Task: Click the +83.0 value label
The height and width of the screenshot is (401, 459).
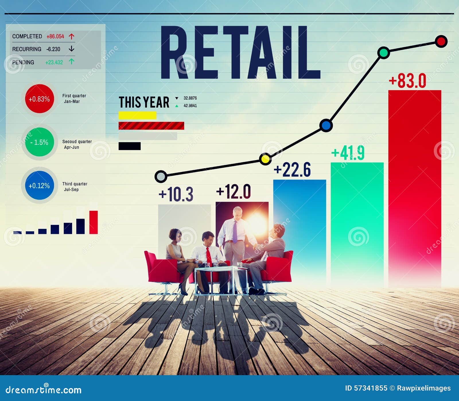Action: click(x=407, y=81)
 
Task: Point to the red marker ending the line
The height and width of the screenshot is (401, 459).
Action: click(x=441, y=41)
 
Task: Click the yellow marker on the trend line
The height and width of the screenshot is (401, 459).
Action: click(x=265, y=159)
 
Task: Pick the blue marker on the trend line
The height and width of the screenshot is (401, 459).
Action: click(x=326, y=126)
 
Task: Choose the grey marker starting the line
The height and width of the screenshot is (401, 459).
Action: click(x=161, y=176)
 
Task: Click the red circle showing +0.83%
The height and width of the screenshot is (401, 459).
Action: click(x=39, y=99)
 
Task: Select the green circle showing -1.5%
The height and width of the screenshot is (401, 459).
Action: click(x=39, y=142)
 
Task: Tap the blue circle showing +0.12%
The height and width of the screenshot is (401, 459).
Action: click(x=39, y=186)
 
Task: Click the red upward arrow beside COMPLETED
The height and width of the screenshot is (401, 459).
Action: click(x=72, y=36)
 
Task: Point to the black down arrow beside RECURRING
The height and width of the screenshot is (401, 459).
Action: click(x=72, y=49)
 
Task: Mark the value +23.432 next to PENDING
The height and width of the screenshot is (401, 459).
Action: click(x=54, y=62)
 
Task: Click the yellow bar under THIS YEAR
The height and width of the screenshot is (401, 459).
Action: click(x=137, y=115)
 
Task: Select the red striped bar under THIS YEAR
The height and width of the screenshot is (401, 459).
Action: click(x=151, y=126)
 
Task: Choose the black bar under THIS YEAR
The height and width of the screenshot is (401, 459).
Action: click(x=129, y=146)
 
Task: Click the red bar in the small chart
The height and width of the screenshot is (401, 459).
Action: click(x=94, y=222)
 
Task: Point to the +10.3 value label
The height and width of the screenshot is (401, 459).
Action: click(x=176, y=194)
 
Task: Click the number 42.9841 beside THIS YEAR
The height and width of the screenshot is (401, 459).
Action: click(x=190, y=106)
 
